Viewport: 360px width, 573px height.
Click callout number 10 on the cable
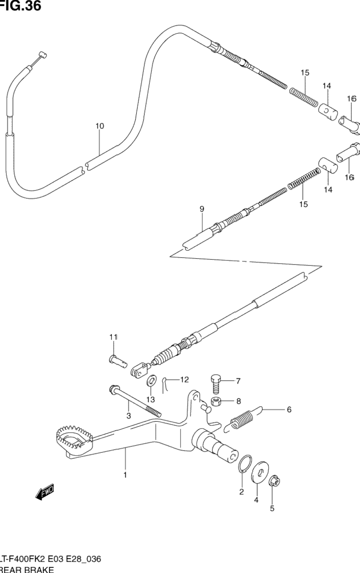[x=100, y=126]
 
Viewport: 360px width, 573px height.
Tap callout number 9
[x=201, y=209]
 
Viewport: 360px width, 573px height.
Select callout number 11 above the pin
[x=113, y=337]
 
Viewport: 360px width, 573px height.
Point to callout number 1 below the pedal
[x=124, y=475]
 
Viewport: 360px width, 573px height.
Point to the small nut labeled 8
[x=216, y=402]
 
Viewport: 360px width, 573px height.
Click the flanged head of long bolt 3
[x=112, y=390]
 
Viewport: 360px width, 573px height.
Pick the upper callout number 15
[x=305, y=72]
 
